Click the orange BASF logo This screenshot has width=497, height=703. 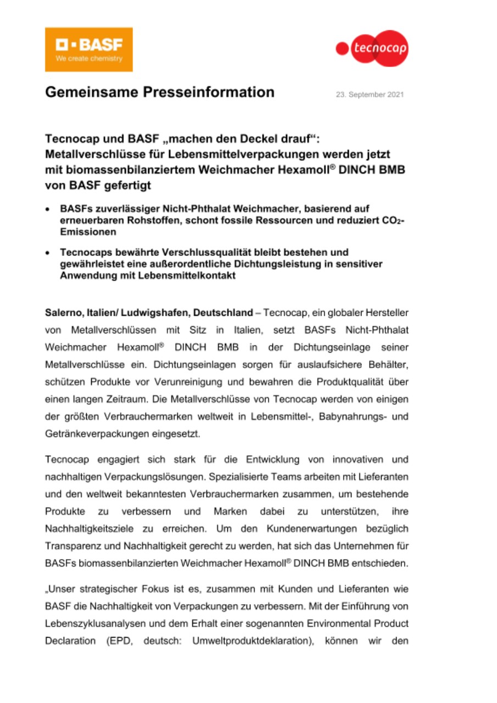88,49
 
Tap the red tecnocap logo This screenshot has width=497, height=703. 372,48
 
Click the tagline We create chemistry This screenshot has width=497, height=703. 88,59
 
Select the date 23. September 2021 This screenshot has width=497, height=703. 370,94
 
